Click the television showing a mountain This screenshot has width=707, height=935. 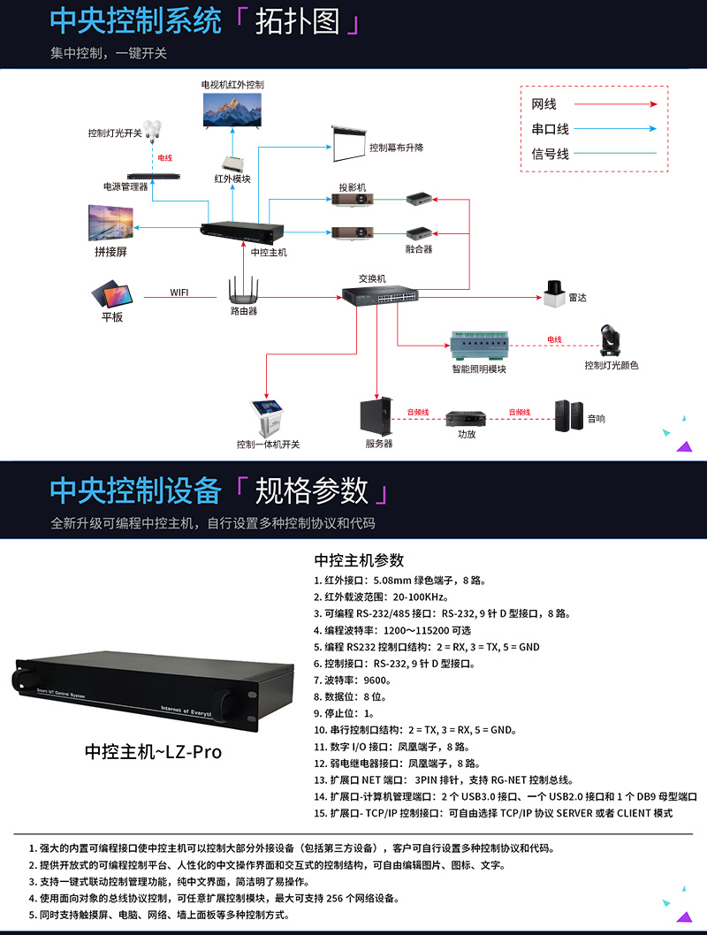232,110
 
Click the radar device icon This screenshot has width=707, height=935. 554,294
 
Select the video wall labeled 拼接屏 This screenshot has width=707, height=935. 110,224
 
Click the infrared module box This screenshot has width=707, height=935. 233,163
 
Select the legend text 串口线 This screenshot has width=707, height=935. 550,129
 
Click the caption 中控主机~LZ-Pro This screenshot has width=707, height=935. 153,752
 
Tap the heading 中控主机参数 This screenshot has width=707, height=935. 359,559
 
